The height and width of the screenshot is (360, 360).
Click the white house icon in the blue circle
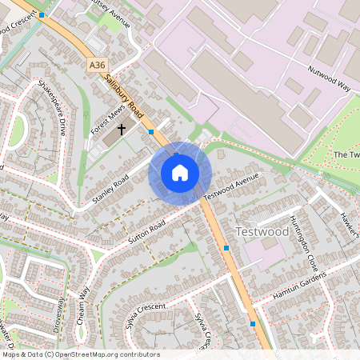pyautogui.click(x=180, y=173)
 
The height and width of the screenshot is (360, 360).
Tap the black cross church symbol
pyautogui.click(x=122, y=128)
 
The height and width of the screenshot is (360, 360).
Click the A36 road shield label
pyautogui.click(x=97, y=64)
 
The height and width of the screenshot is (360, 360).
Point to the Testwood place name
pyautogui.click(x=262, y=231)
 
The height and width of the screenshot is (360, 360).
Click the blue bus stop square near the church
pyautogui.click(x=151, y=131)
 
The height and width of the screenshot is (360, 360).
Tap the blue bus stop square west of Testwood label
pyautogui.click(x=226, y=249)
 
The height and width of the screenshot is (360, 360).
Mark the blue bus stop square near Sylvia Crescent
pyautogui.click(x=253, y=324)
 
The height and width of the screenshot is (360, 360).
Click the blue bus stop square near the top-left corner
pyautogui.click(x=42, y=15)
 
